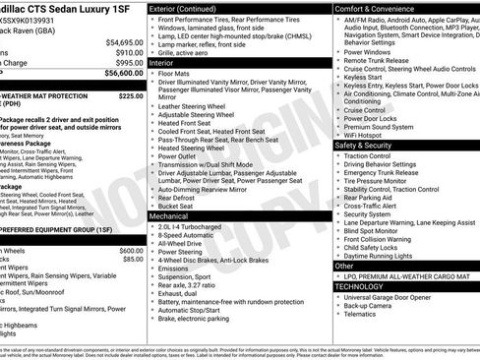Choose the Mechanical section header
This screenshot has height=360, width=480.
[169, 215]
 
